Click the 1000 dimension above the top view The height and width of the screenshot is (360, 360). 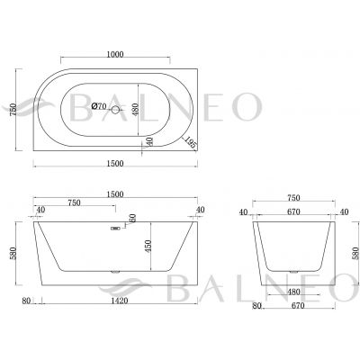pos(115,54)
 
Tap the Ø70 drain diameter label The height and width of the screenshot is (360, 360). pos(99,106)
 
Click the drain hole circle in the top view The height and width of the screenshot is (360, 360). pos(115,110)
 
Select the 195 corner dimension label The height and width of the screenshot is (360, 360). pos(191,142)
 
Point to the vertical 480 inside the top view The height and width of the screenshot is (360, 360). pos(135,110)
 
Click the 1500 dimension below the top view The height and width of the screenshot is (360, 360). pos(115,164)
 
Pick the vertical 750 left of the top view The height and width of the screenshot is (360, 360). pos(13,111)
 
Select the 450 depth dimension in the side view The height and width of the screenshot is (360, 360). pos(148,246)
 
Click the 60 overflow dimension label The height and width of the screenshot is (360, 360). pos(132,219)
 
